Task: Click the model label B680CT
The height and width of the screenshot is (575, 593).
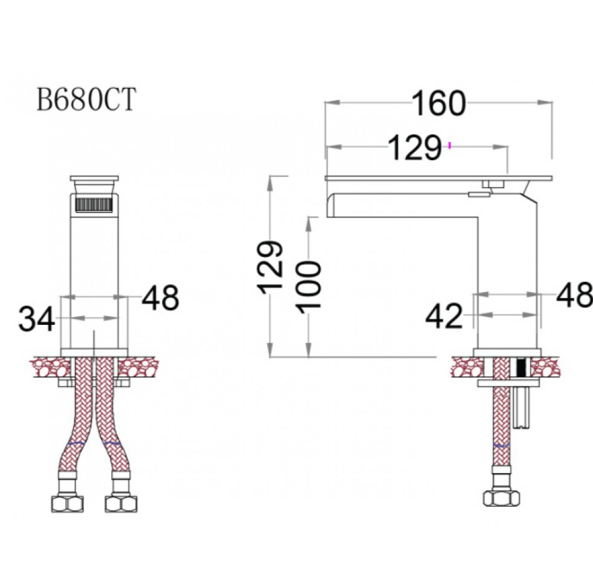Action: click(86, 100)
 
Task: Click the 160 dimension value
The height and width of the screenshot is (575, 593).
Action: click(438, 103)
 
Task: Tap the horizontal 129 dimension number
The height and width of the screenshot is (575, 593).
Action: click(415, 147)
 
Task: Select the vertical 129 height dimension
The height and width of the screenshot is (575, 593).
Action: click(270, 267)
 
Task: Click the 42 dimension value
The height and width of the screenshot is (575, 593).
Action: click(444, 316)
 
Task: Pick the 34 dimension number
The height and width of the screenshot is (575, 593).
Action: click(36, 319)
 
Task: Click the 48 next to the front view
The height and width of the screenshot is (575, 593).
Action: click(160, 298)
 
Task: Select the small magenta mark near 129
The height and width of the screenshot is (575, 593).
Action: click(449, 145)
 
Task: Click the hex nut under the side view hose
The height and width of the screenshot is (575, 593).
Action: click(501, 498)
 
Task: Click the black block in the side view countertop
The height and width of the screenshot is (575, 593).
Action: click(522, 367)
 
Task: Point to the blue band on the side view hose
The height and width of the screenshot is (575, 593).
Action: click(502, 445)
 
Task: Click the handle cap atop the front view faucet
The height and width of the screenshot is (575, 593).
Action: click(94, 178)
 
